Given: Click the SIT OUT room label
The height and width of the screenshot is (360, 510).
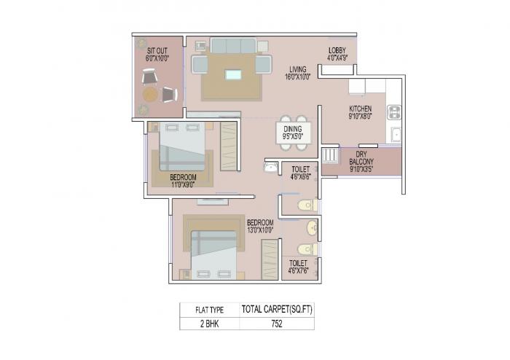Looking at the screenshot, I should click(157, 52).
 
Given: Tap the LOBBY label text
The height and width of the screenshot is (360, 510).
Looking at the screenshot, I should click(337, 52).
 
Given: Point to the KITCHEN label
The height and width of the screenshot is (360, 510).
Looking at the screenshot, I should click(361, 111).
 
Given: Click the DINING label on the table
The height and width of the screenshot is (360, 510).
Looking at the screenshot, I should click(294, 131).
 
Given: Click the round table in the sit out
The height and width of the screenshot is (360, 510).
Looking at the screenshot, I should click(150, 94).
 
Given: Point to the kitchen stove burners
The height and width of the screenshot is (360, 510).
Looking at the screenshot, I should click(394, 111).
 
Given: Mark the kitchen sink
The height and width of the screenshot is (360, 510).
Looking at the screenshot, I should click(395, 134).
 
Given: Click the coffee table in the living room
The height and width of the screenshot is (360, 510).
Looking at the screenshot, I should click(233, 74).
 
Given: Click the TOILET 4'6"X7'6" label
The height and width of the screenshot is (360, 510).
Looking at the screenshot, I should click(297, 266).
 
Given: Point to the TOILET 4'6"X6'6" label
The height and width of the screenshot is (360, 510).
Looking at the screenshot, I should click(301, 172).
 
